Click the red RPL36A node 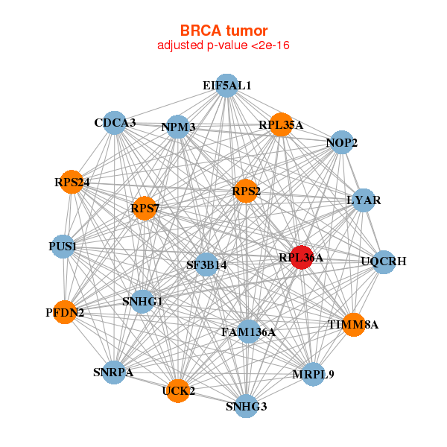[300, 257]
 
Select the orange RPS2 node [245, 191]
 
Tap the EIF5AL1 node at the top [227, 86]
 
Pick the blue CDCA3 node [115, 122]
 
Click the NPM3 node [178, 127]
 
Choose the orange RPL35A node [280, 125]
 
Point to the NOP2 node [341, 142]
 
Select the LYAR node [363, 200]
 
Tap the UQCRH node [383, 261]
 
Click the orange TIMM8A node [354, 324]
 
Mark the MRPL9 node [314, 373]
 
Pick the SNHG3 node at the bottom [246, 406]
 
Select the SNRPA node [113, 372]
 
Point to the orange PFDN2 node [66, 312]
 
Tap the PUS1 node [63, 246]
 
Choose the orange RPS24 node [72, 183]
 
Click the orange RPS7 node [145, 208]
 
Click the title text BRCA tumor [223, 31]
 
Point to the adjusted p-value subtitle [223, 45]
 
